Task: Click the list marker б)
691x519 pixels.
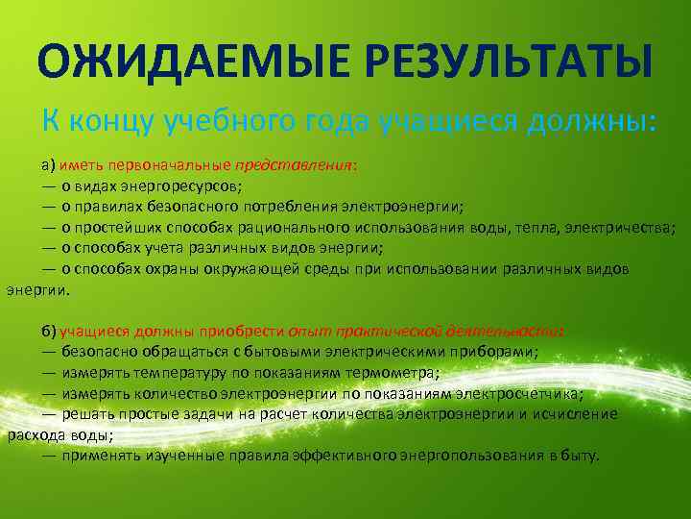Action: tap(48, 331)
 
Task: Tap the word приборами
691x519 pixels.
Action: tap(499, 352)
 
